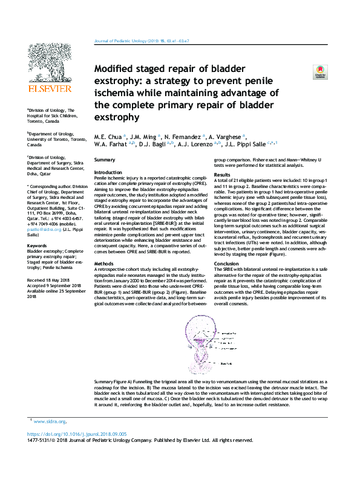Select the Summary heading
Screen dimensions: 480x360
click(106, 159)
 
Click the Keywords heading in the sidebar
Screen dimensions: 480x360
click(38, 246)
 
